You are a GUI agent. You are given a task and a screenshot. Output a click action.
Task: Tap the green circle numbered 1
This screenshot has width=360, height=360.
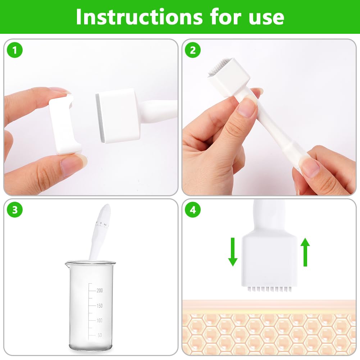coord(15,50)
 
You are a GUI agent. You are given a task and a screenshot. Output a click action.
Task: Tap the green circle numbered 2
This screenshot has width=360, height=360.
coord(193,50)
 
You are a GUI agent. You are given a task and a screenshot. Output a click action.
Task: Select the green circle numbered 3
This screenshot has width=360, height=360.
coord(15,210)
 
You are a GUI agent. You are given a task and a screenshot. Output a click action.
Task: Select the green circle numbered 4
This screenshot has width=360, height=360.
coord(193,210)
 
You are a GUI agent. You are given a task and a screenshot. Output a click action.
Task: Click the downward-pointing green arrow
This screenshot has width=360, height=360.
coord(233,252)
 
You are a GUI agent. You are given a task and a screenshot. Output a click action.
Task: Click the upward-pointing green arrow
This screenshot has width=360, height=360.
coord(305,252)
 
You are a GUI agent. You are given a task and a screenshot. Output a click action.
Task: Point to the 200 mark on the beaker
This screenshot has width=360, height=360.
coord(100,291)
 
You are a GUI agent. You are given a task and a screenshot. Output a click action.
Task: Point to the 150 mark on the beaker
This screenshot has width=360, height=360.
coord(100,306)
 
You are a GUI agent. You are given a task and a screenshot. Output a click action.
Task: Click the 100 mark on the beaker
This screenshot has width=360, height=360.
coord(100,320)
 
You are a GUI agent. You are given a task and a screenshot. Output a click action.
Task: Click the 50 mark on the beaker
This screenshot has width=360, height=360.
coord(100,335)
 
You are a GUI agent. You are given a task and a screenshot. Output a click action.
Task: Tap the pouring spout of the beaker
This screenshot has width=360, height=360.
coord(67,264)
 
